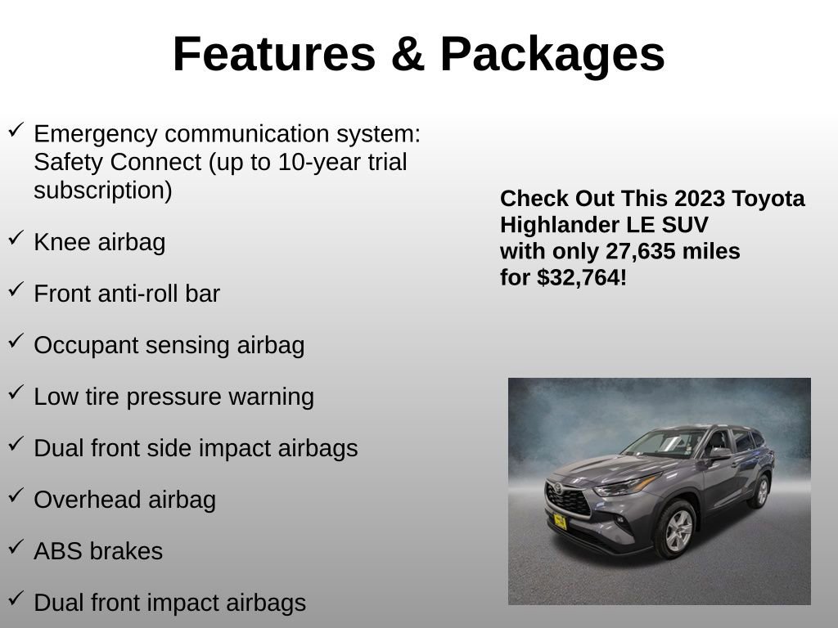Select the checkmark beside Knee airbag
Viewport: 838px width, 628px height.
[16, 238]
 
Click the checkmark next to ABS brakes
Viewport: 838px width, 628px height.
[16, 547]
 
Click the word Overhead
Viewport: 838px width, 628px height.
[75, 500]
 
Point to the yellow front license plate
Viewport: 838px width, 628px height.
[560, 521]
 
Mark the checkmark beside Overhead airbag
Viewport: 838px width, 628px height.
[16, 496]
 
